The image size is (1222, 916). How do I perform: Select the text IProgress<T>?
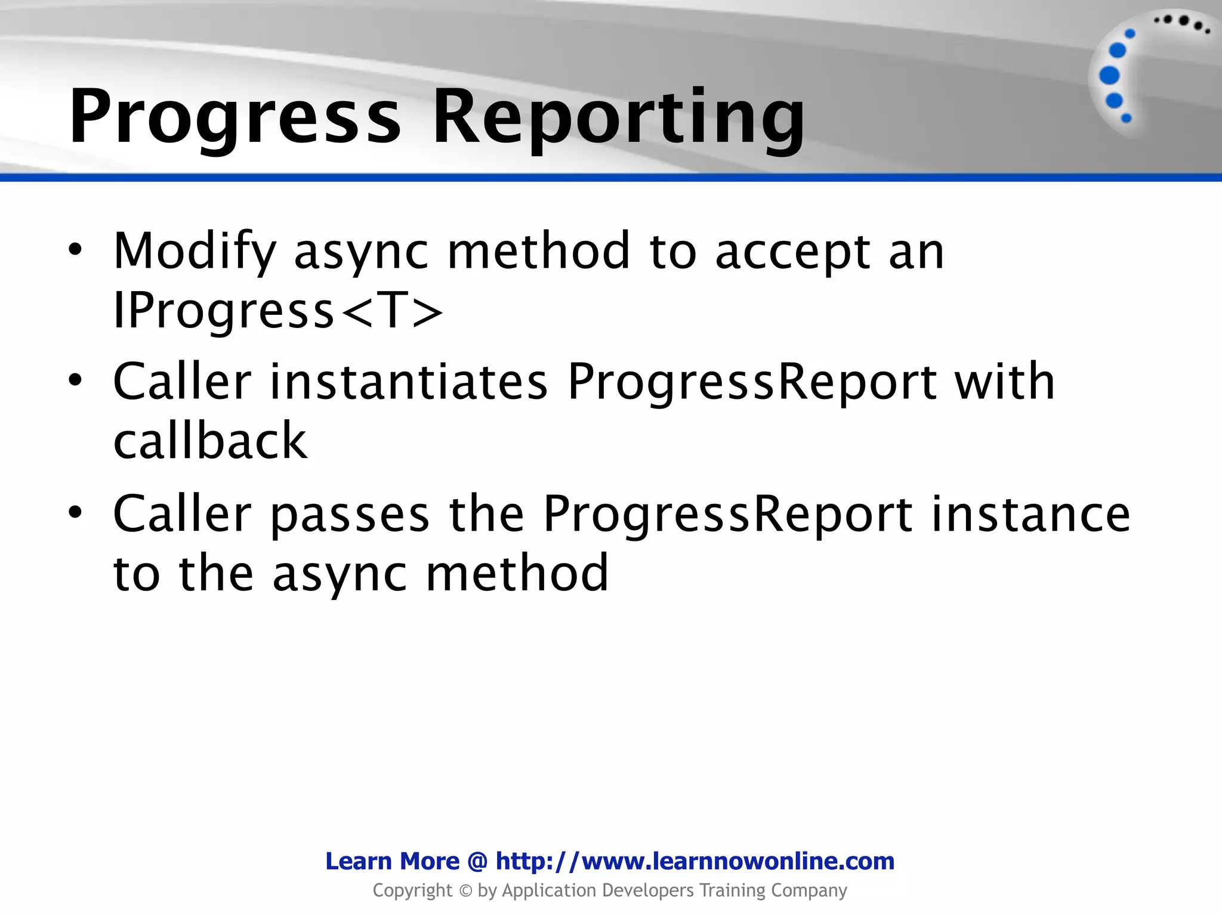(x=278, y=311)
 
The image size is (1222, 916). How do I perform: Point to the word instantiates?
(x=409, y=382)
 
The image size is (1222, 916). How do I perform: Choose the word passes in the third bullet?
(x=350, y=513)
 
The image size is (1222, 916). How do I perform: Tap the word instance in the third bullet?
(x=1030, y=513)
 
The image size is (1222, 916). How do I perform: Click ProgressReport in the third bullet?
(x=727, y=513)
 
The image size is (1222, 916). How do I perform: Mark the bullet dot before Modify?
(x=75, y=250)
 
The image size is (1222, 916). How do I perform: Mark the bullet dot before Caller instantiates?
(x=75, y=380)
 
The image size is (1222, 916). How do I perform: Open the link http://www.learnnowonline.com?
(x=695, y=861)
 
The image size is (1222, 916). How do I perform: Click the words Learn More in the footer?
(x=392, y=861)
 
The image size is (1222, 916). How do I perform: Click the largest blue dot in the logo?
(x=1109, y=76)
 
